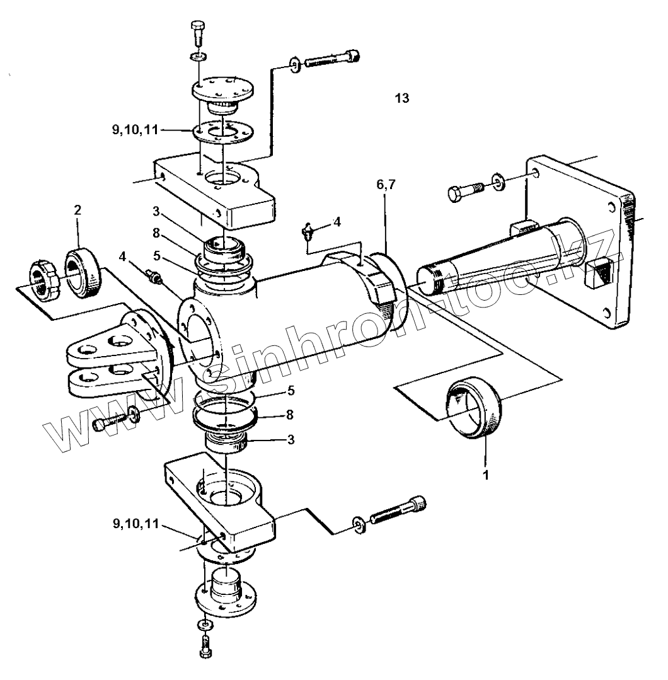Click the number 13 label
click(402, 98)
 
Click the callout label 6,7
click(386, 185)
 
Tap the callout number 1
click(486, 475)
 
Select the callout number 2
click(78, 210)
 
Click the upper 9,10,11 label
click(135, 130)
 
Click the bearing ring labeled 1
click(475, 407)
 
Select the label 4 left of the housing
click(123, 256)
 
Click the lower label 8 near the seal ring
click(290, 415)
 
